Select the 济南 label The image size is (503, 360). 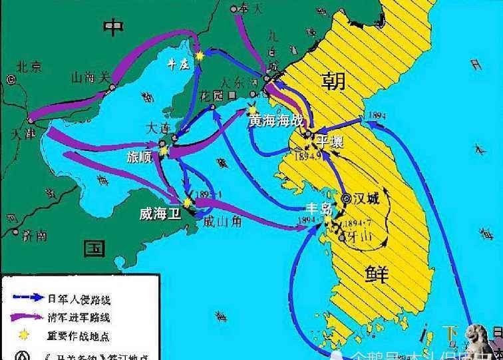(33, 234)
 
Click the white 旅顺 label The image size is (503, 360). (140, 157)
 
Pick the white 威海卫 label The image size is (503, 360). (160, 214)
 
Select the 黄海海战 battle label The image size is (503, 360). (276, 121)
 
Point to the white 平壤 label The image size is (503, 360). (331, 142)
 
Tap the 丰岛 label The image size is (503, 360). (317, 208)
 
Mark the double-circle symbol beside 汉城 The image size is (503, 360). (345, 198)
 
